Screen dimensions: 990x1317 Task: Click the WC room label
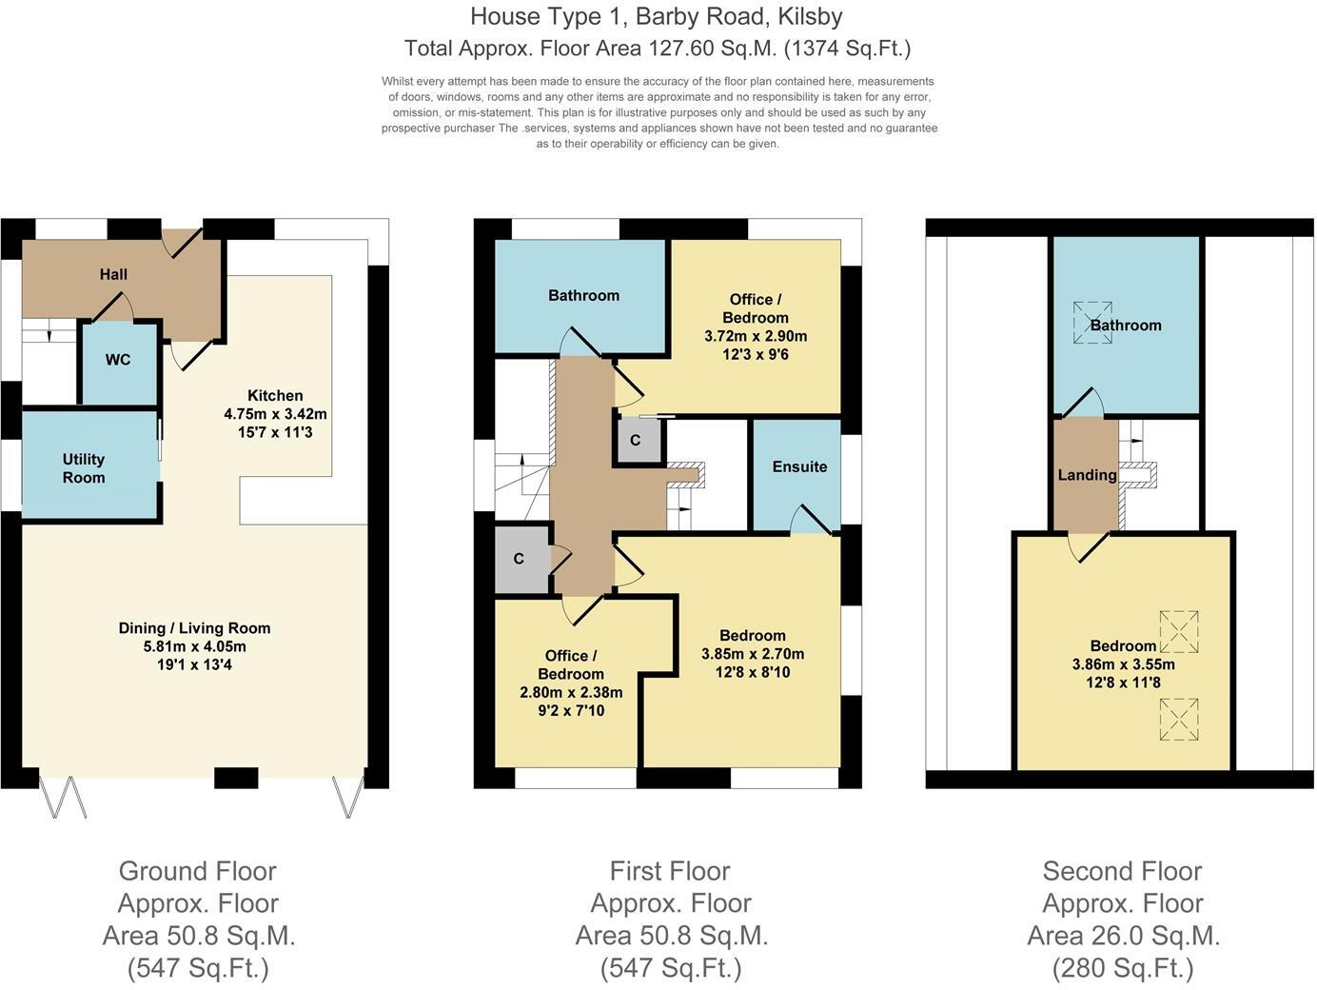click(118, 360)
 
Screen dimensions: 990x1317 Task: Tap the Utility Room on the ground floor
click(84, 467)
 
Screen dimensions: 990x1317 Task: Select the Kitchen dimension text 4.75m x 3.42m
click(275, 414)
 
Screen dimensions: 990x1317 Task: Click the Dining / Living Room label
click(194, 628)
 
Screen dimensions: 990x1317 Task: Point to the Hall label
click(113, 274)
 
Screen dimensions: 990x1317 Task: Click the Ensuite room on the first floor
click(799, 466)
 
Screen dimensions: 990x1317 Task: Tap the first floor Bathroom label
click(583, 295)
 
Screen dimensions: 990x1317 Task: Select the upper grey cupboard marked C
click(636, 441)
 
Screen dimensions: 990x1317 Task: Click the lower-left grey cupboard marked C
click(519, 559)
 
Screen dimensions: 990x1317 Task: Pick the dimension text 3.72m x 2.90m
click(756, 336)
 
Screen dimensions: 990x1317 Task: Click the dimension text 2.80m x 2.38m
click(571, 692)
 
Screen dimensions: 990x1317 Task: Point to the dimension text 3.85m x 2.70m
click(753, 654)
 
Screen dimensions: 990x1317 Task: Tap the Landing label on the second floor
click(1087, 475)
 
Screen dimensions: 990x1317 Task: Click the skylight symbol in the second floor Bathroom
click(1092, 322)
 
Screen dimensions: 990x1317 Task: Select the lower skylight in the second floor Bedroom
click(1178, 719)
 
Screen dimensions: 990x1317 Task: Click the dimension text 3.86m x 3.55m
click(1123, 664)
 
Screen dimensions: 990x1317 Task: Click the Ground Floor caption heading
click(197, 871)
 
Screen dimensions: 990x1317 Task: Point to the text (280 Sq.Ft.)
click(1123, 968)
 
